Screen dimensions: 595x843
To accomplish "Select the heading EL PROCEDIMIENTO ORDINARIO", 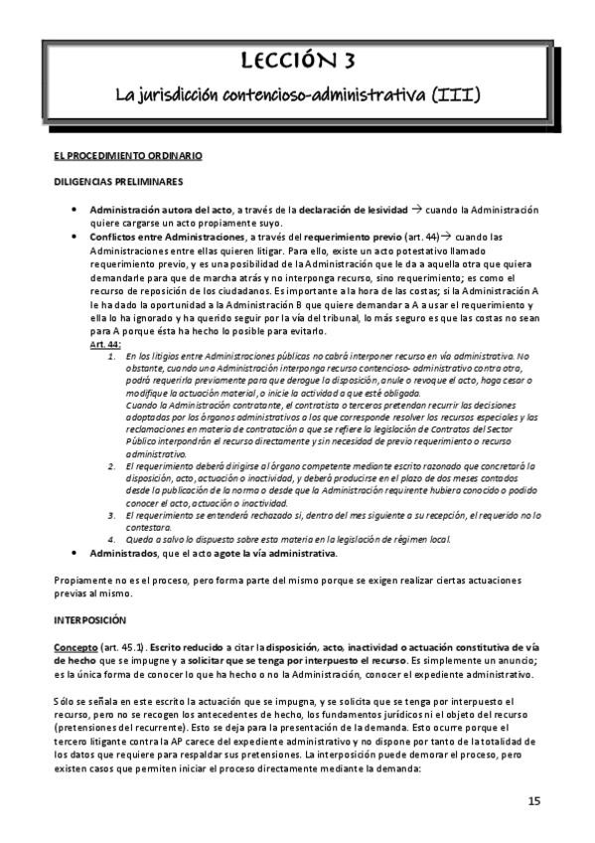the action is coord(128,156).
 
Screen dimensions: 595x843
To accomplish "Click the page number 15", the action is coord(534,801).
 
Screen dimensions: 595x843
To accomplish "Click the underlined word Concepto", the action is coord(76,645).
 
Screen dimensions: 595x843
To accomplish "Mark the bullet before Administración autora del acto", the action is coord(77,209).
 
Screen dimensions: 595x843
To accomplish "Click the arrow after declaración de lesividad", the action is coord(417,209).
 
